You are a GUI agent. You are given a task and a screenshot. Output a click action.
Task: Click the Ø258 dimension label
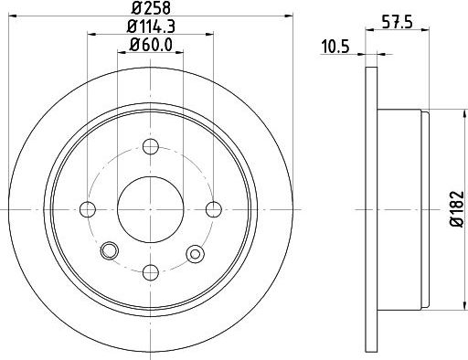pos(151,7)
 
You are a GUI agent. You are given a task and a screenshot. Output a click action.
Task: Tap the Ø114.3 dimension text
pos(151,26)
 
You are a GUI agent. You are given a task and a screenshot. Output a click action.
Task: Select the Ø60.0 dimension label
pos(151,45)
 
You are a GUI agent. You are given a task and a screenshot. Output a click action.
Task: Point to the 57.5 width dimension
pos(398,23)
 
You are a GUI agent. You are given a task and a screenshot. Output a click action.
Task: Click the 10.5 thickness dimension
pos(335,48)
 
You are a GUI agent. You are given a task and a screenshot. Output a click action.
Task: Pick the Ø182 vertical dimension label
pos(457,209)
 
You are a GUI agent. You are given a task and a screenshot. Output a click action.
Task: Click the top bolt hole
pos(151,146)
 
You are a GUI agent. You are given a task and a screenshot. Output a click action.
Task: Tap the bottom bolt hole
pos(151,272)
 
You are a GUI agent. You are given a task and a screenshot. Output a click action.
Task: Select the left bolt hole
pos(88,209)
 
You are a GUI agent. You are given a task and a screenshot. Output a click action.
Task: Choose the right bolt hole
pos(214,209)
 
